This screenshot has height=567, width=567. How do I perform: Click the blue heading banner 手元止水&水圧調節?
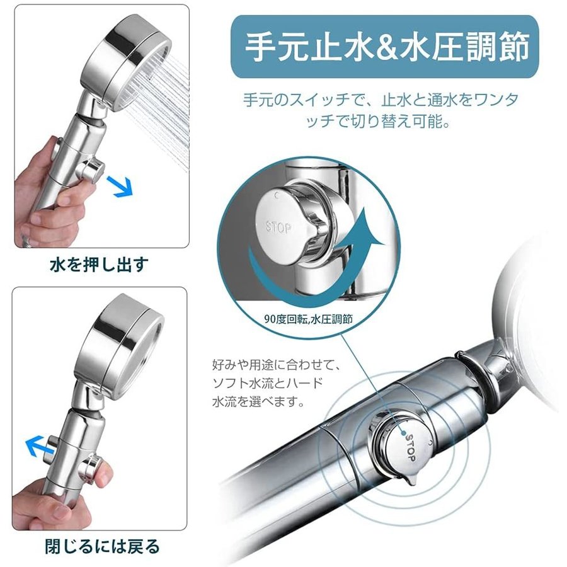384,47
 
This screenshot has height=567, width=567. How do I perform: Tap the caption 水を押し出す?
100,265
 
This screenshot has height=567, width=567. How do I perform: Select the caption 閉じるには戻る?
102,546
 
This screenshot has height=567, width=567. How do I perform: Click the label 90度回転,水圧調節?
308,319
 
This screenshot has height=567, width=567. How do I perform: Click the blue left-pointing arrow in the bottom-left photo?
40,446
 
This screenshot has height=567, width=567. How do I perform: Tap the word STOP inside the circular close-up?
278,227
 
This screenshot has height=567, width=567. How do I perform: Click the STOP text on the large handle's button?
411,447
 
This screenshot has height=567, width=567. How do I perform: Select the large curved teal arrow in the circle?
311,268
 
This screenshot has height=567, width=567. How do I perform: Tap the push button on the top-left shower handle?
91,169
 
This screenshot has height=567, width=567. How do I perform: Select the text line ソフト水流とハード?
268,383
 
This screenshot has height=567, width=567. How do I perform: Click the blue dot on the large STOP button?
404,432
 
